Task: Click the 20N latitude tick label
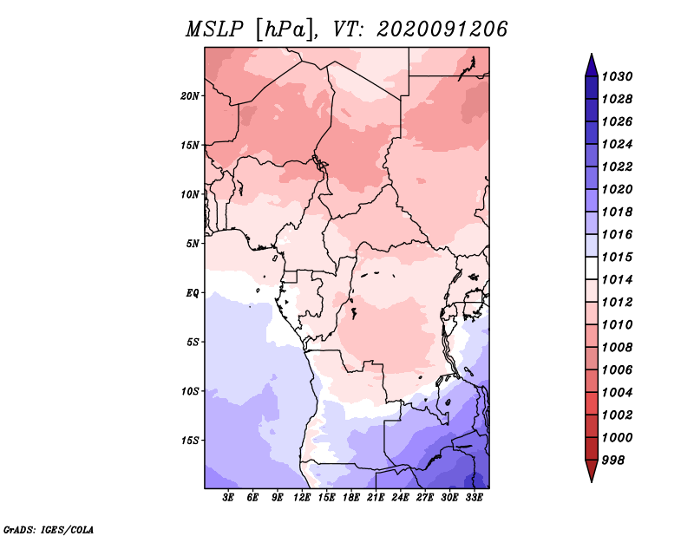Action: pos(190,96)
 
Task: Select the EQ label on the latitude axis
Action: pos(193,293)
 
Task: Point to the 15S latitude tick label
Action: pos(190,441)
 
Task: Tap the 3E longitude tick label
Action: pos(228,498)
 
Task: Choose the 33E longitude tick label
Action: pos(474,498)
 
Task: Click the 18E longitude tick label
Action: pos(351,498)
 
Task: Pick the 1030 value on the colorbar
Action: pos(618,76)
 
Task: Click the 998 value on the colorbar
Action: pos(613,461)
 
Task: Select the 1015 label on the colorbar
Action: pos(618,257)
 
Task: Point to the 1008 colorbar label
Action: pos(618,348)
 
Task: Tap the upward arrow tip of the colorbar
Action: pos(592,54)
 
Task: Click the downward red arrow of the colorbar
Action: pos(592,471)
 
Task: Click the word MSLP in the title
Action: pos(214,29)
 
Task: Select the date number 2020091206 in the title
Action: pos(442,29)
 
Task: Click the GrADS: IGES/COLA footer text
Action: pos(49,530)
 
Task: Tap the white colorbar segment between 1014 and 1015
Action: pos(592,268)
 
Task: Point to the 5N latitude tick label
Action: pos(193,244)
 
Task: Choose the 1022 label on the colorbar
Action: pos(618,167)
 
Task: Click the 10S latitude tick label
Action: pos(190,391)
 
